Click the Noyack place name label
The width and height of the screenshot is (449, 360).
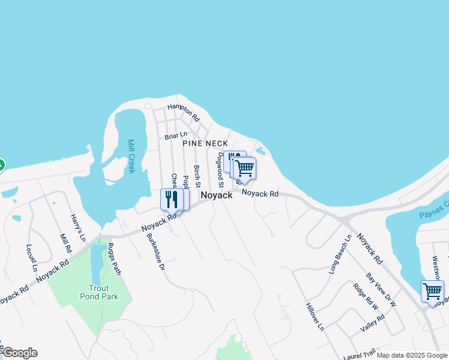coord(216,196)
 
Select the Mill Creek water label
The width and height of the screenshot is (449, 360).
coord(131,157)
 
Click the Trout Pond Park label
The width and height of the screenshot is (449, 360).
coord(99,292)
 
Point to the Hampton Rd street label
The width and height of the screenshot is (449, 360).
coord(182,112)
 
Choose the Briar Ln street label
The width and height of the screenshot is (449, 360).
coord(176,136)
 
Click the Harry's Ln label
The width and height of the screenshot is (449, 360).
coord(78,229)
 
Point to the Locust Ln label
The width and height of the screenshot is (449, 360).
coord(32,256)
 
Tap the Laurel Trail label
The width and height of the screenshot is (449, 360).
coord(359,355)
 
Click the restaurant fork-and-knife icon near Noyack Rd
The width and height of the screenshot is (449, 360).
coord(170,198)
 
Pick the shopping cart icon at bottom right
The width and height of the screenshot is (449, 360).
coord(432,291)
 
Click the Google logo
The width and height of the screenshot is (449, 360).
coord(19,353)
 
